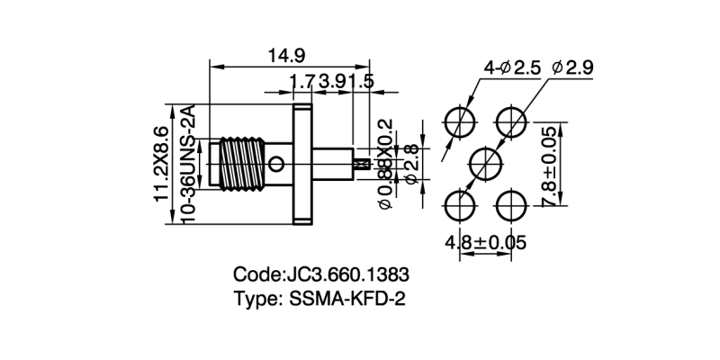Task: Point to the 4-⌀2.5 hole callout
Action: coord(510,67)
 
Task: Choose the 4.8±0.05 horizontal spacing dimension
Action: coord(486,243)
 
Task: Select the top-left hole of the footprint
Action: coord(460,121)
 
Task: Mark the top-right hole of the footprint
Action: coord(514,121)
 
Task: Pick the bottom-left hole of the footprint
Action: coord(460,205)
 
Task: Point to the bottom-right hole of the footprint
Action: coord(514,205)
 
